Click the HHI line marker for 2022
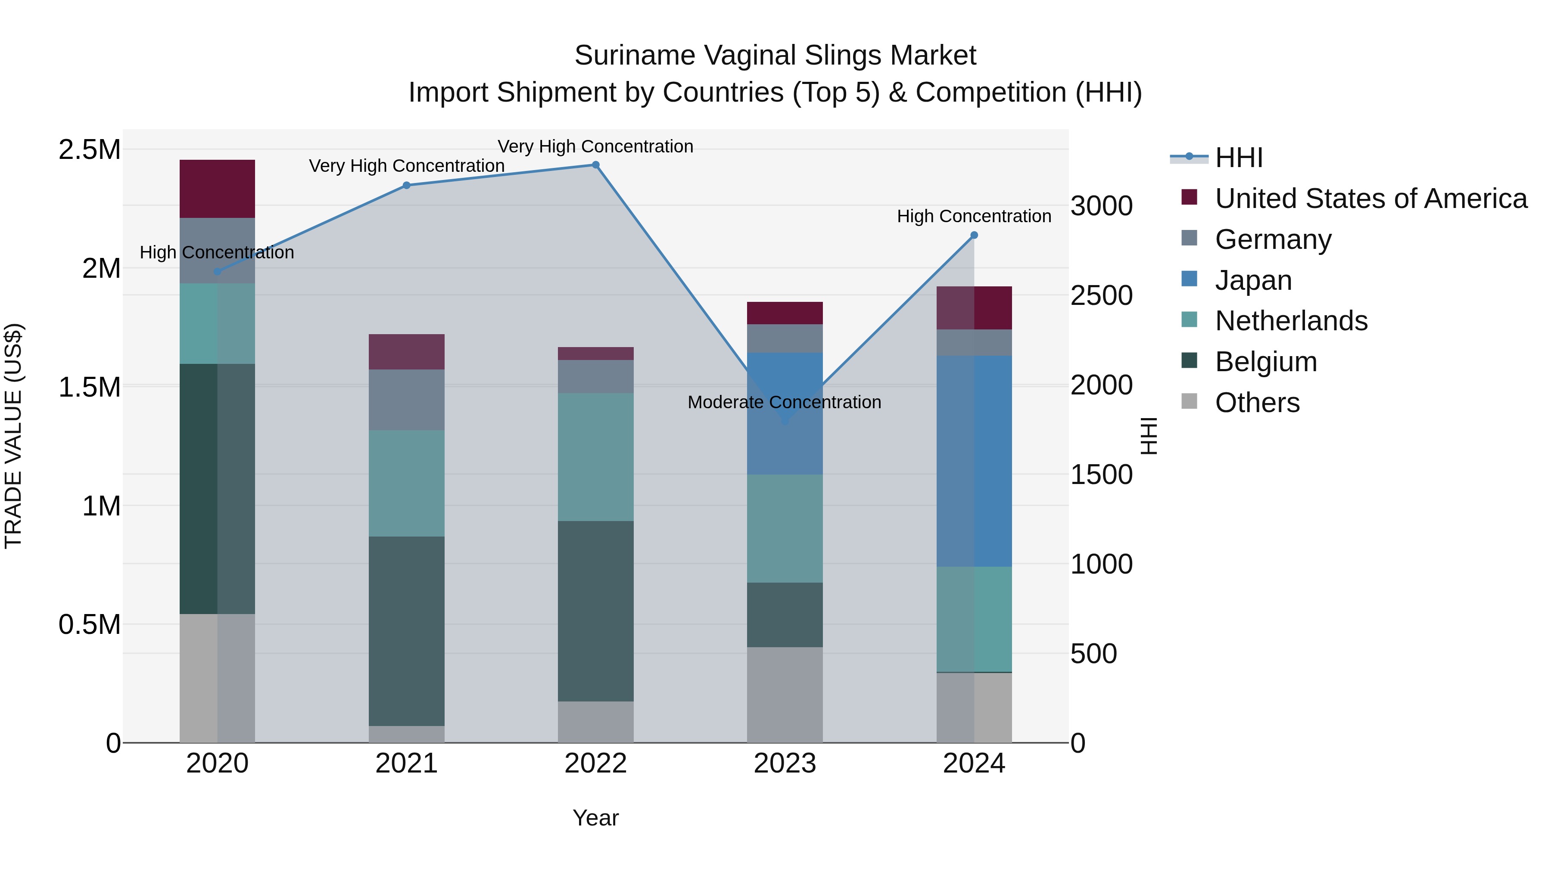595,165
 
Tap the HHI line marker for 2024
974,235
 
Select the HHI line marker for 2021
406,185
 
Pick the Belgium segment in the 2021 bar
406,631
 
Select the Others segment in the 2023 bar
785,695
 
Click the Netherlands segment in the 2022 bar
595,457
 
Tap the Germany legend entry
1273,239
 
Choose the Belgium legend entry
1266,362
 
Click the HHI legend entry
1239,158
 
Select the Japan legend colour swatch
1190,279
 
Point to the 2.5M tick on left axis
89,150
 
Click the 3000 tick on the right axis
1101,206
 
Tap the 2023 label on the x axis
785,763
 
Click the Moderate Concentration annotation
784,402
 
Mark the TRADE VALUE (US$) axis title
13,436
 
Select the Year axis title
595,818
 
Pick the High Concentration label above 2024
974,216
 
